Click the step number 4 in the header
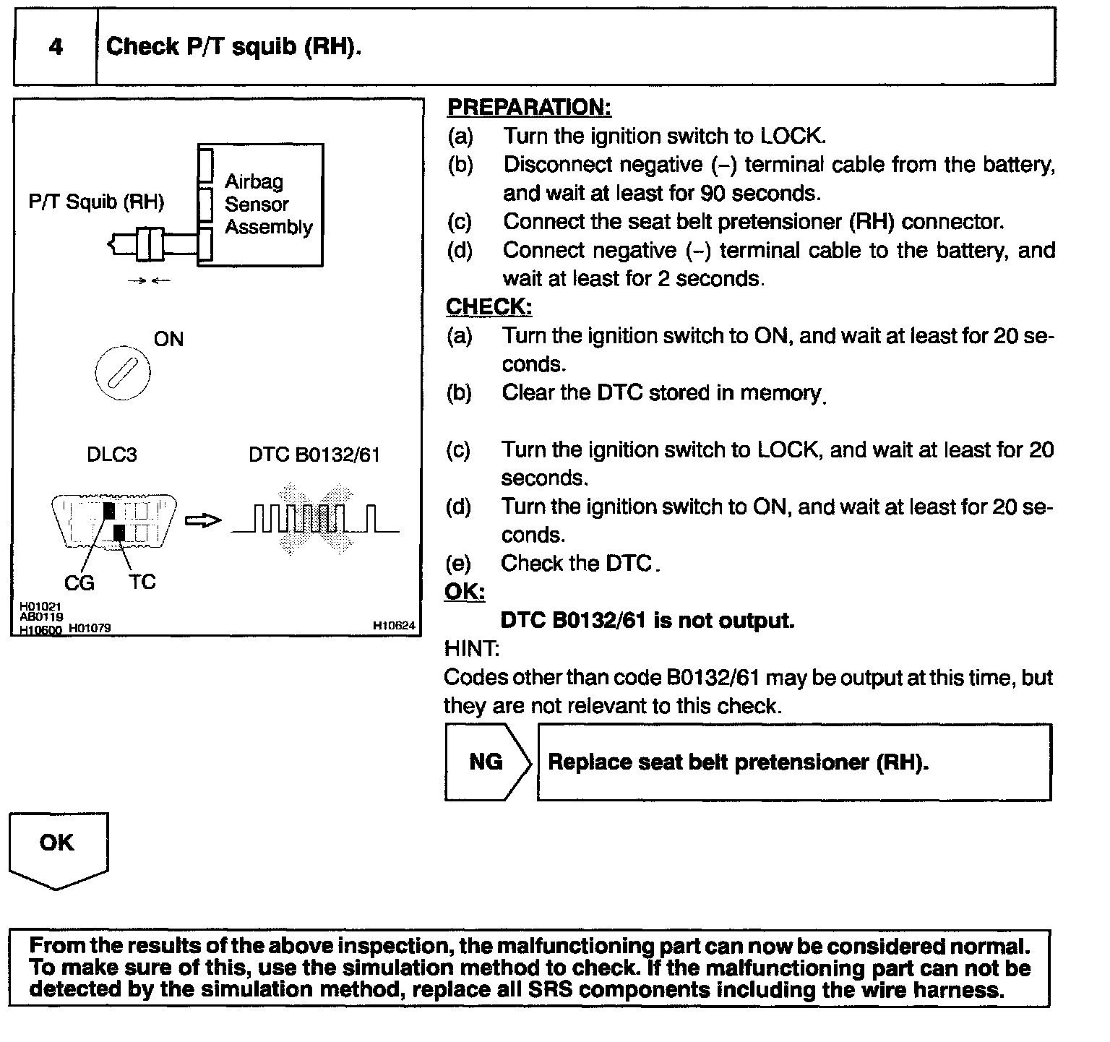pyautogui.click(x=56, y=48)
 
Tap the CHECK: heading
pyautogui.click(x=489, y=306)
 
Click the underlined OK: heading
pyautogui.click(x=464, y=592)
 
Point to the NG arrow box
pyautogui.click(x=487, y=762)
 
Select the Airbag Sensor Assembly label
pyautogui.click(x=268, y=204)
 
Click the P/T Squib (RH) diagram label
pyautogui.click(x=96, y=202)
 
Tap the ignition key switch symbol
pyautogui.click(x=123, y=374)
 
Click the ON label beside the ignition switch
pyautogui.click(x=168, y=339)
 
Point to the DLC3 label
pyautogui.click(x=111, y=455)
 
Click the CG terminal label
pyautogui.click(x=79, y=582)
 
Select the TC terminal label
pyautogui.click(x=142, y=582)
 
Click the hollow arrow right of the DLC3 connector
pyautogui.click(x=203, y=520)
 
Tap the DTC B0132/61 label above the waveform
pyautogui.click(x=314, y=455)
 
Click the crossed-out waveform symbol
pyautogui.click(x=315, y=520)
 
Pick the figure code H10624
pyautogui.click(x=394, y=626)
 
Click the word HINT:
pyautogui.click(x=471, y=649)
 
